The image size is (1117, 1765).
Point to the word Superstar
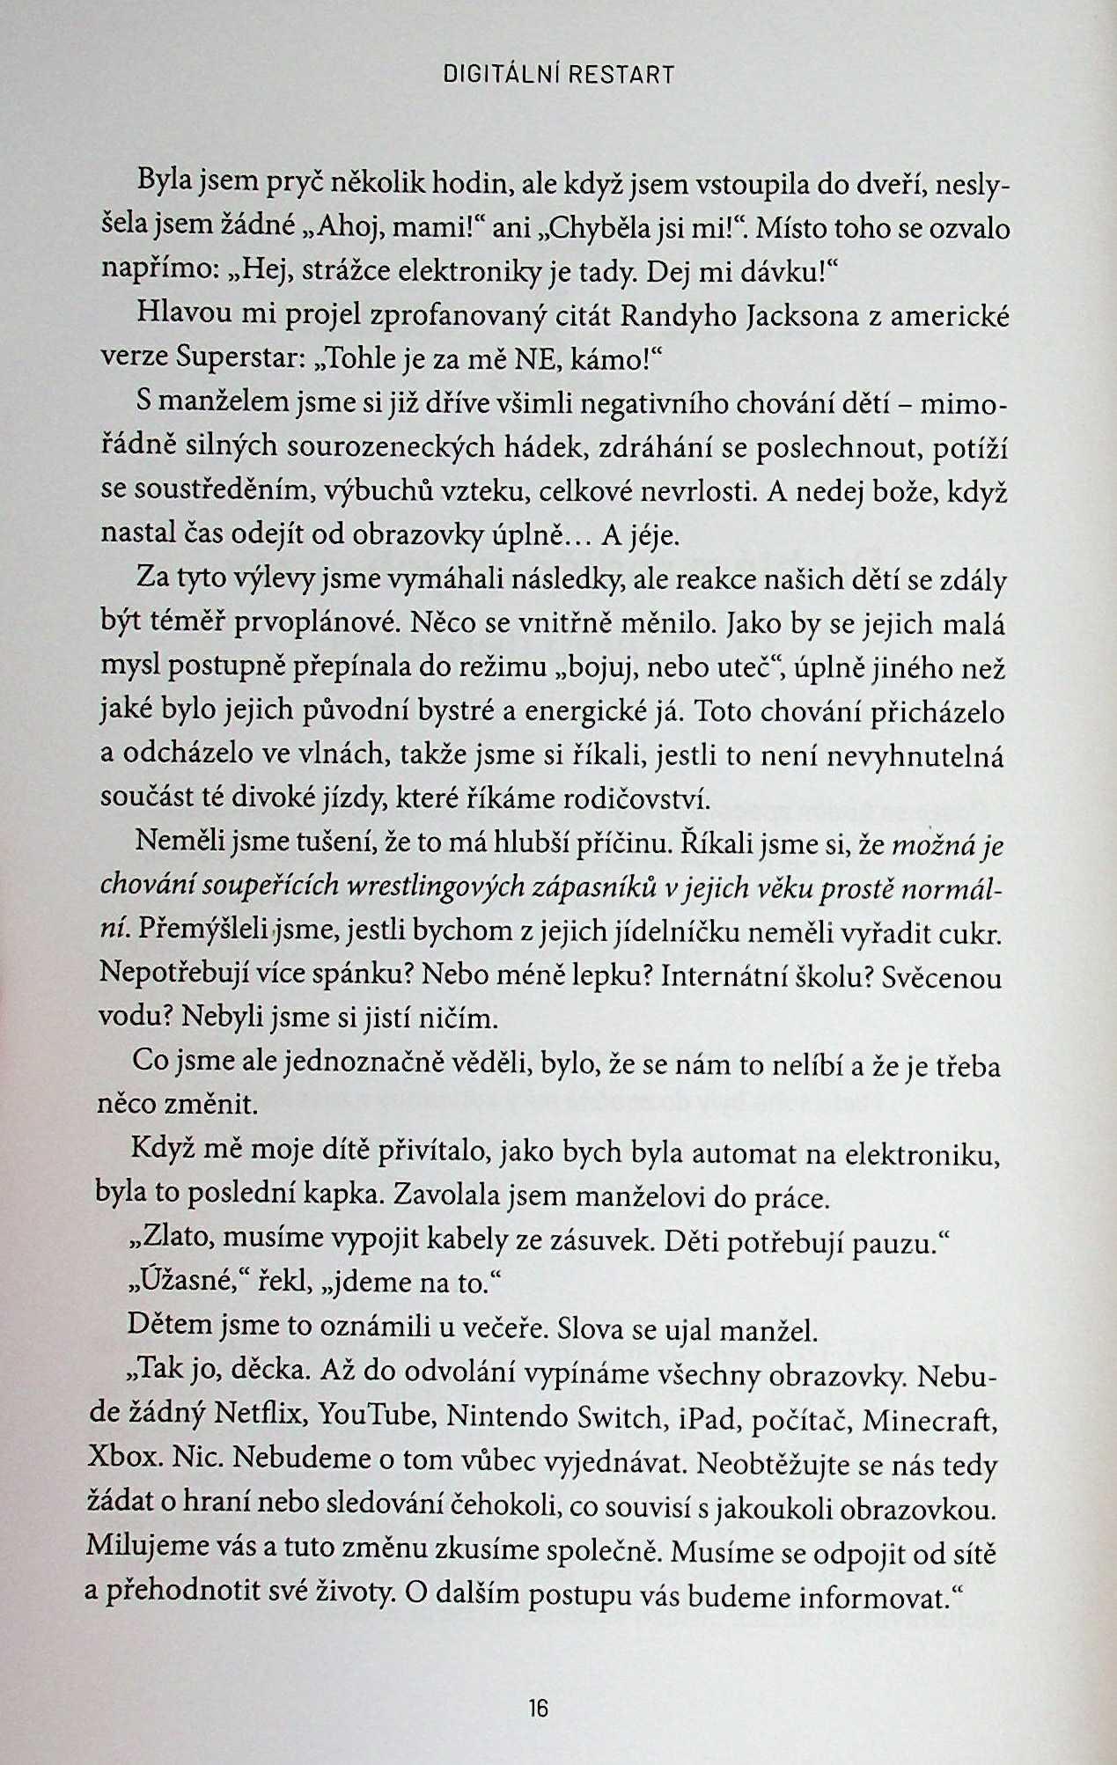[x=234, y=359]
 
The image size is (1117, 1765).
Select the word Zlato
[x=170, y=1239]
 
